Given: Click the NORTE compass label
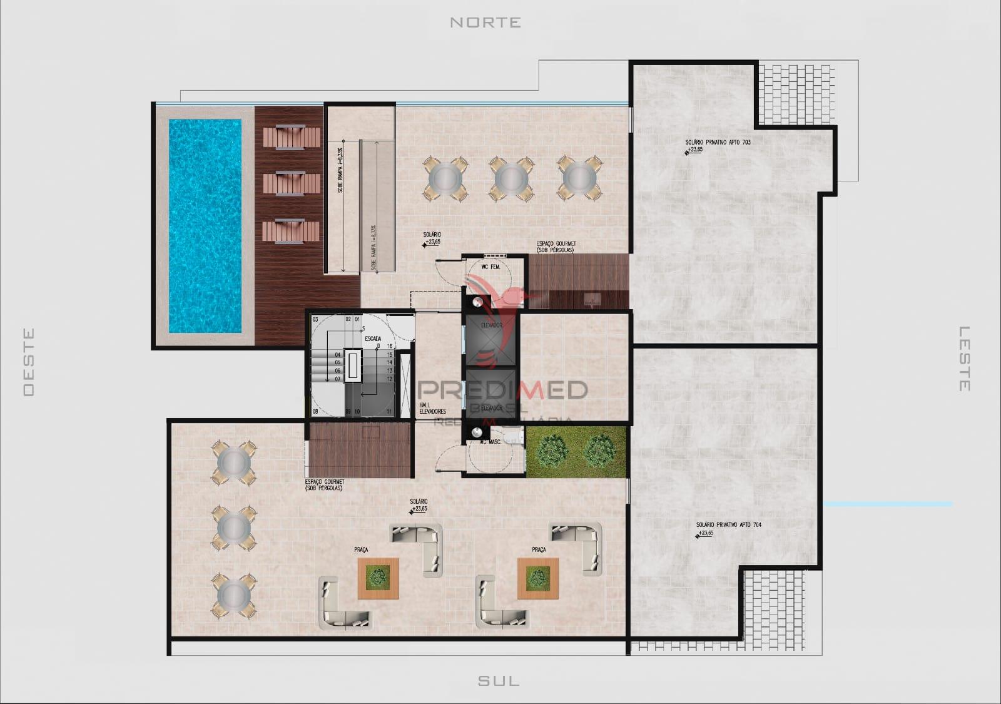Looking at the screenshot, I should (x=485, y=23).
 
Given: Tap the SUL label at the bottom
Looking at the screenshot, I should (x=499, y=680).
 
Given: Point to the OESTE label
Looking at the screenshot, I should (x=29, y=362).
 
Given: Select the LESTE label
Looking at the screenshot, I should (x=965, y=359).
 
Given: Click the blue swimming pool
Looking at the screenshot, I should (x=205, y=226).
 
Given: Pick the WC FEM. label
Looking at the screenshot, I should (x=490, y=267).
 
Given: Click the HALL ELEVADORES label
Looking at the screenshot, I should (x=432, y=408).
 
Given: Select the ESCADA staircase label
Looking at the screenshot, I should (x=373, y=339).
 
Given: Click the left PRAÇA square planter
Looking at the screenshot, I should (x=378, y=578).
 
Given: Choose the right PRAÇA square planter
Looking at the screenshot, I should (x=537, y=578).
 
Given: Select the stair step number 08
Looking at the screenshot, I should (x=315, y=411).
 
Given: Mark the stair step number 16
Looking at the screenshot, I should (x=390, y=346).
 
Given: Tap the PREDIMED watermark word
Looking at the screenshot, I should (x=502, y=390).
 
